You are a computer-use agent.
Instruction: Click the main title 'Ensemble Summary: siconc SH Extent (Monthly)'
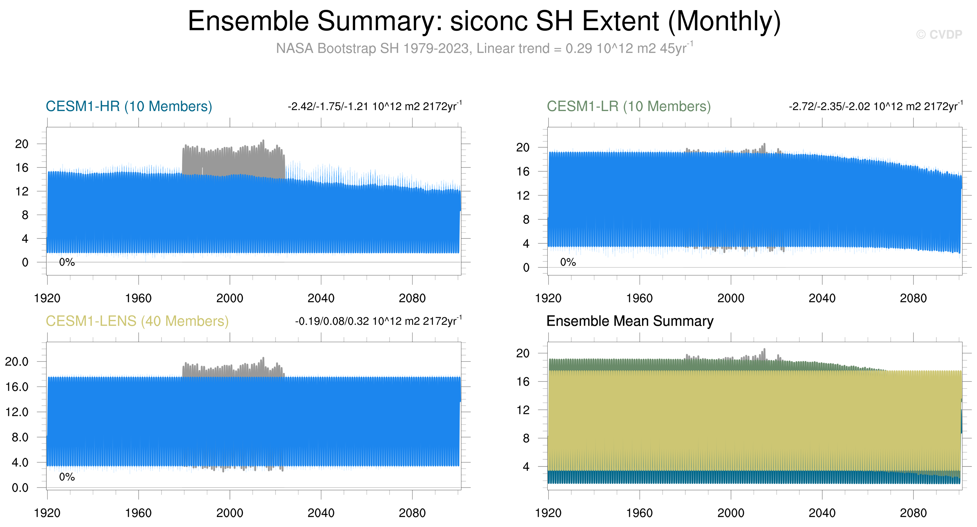484,21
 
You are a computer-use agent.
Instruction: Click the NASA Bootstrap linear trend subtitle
484,48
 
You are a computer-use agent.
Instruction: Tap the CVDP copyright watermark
939,35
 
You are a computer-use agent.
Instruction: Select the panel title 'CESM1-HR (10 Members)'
129,107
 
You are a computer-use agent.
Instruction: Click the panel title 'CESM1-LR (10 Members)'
628,107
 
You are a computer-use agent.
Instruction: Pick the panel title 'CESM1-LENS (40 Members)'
137,321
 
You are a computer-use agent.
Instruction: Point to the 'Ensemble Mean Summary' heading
630,321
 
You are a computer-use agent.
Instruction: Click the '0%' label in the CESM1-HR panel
67,262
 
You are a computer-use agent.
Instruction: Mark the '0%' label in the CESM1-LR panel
568,262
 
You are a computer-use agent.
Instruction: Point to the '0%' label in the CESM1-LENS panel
67,477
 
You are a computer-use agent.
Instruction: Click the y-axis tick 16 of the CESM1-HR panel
22,167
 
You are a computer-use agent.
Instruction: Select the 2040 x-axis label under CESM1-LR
822,298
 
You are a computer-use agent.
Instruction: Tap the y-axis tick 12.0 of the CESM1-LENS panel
17,412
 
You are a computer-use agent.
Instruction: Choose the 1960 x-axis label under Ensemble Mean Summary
639,513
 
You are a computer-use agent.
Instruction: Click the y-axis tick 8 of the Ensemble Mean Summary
526,438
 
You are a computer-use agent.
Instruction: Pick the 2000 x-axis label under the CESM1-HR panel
230,298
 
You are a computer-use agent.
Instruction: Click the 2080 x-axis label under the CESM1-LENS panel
412,513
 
